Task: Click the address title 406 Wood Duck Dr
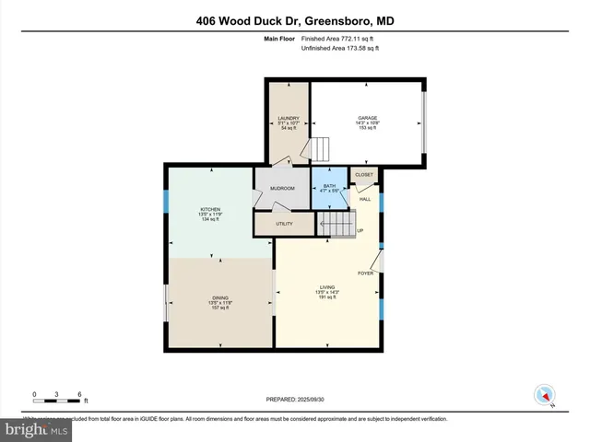[294, 20]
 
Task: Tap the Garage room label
[368, 119]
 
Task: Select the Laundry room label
[289, 119]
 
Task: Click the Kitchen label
[210, 210]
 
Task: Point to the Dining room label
[220, 298]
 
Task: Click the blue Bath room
[328, 188]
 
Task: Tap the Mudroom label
[282, 189]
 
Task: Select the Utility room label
[284, 224]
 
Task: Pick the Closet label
[364, 173]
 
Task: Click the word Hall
[365, 199]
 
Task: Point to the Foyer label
[365, 273]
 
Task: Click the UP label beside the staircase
[360, 230]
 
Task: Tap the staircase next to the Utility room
[335, 224]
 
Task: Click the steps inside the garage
[320, 149]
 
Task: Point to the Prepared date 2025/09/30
[294, 399]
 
